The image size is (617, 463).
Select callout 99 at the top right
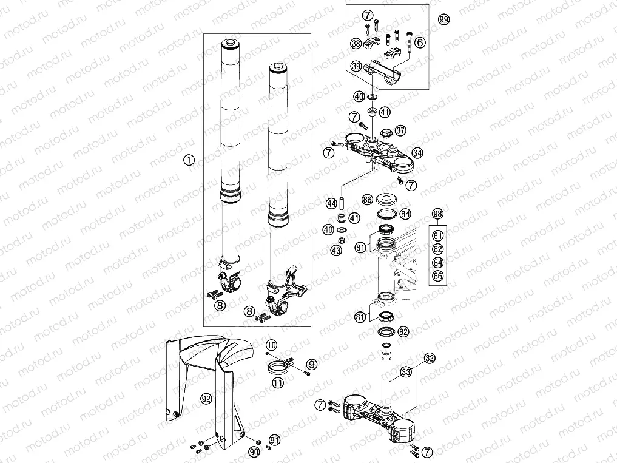443,19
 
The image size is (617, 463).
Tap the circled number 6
420,42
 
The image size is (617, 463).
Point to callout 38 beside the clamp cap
356,43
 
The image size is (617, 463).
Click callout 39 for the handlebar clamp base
356,66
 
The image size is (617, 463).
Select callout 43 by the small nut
335,250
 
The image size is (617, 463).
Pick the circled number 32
429,357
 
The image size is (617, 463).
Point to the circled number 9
311,364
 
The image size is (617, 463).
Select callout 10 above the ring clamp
271,345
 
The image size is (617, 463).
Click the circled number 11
278,382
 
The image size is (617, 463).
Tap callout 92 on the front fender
206,399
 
